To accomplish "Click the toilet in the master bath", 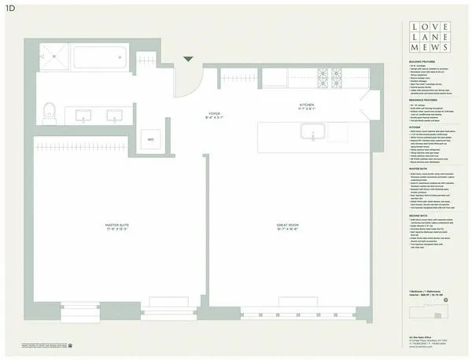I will click(x=50, y=109).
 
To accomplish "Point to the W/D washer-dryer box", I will click(x=150, y=139).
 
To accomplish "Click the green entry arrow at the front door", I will click(x=187, y=57).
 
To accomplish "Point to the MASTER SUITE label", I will click(x=117, y=226).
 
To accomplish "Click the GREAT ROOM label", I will click(x=286, y=226).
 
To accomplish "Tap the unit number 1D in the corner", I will click(x=10, y=8).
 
